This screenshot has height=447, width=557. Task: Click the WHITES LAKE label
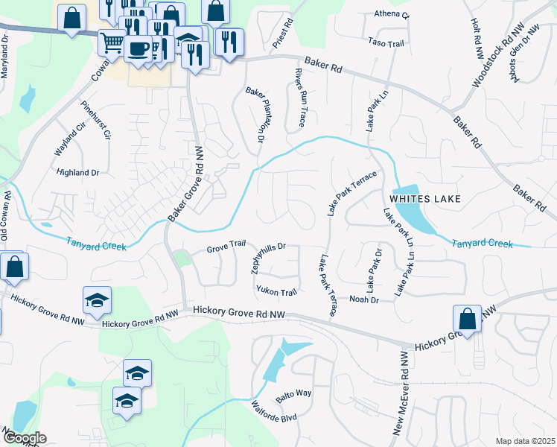pyautogui.click(x=426, y=199)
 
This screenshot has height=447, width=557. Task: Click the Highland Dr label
pyautogui.click(x=78, y=172)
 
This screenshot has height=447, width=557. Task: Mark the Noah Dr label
pyautogui.click(x=364, y=299)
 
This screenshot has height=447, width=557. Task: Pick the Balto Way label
pyautogui.click(x=293, y=393)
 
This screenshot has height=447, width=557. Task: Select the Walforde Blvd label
pyautogui.click(x=274, y=412)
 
